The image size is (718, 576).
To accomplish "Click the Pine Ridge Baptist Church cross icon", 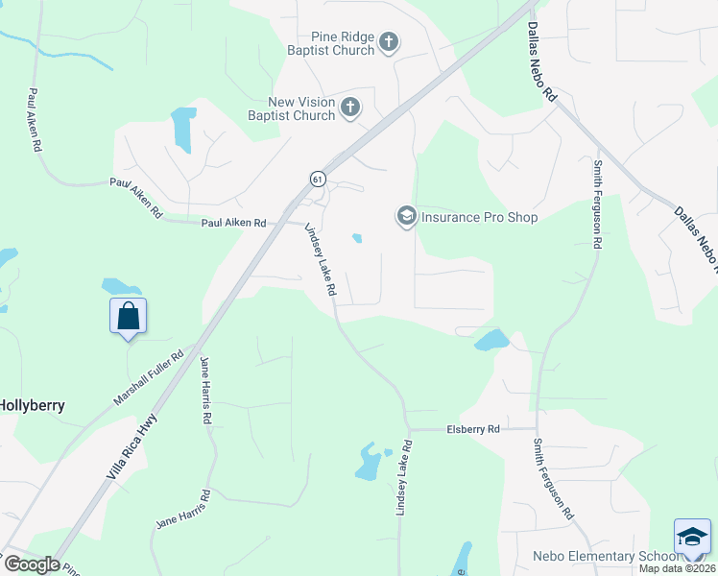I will (388, 41).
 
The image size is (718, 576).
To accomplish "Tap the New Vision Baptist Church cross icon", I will (350, 107).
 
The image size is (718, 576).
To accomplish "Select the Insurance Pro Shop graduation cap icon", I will (406, 217).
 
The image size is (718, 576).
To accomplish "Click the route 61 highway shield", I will (318, 179).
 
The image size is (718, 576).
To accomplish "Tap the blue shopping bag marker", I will (129, 316).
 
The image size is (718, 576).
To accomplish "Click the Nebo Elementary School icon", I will (691, 537).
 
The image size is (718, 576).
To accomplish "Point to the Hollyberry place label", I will (33, 405).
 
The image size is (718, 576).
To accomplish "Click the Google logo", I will (31, 564).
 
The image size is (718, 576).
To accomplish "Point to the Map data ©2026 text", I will (678, 568).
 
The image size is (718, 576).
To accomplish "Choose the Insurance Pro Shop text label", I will (479, 217).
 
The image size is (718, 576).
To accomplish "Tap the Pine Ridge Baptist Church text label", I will (328, 42).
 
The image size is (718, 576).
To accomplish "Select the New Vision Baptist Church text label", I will (291, 108).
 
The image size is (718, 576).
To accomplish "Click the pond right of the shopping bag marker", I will (122, 286).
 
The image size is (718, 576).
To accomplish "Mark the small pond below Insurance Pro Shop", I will (357, 238).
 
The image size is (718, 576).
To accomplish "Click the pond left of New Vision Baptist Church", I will (180, 130).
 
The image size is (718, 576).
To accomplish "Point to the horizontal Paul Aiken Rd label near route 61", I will (233, 223).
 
